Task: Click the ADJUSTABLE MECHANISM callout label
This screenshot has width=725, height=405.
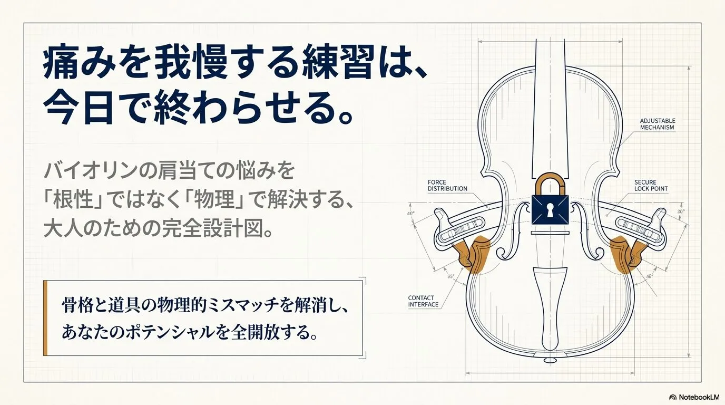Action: point(658,124)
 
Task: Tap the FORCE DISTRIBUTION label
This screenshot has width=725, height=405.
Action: point(447,185)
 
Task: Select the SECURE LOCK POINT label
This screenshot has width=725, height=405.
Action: point(651,185)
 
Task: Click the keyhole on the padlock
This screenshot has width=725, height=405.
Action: point(550,210)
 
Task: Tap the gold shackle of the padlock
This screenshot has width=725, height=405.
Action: point(550,184)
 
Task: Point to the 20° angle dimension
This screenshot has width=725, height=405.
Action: point(681,211)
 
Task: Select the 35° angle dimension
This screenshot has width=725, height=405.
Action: point(451,276)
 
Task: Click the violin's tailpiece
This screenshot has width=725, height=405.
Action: point(550,308)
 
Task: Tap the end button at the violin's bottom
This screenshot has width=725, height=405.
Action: point(550,360)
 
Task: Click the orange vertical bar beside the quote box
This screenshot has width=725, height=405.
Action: point(45,317)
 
